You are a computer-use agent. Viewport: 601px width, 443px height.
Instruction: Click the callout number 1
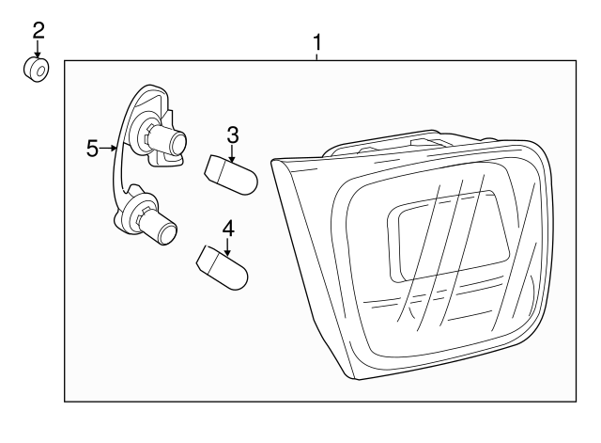pyautogui.click(x=317, y=42)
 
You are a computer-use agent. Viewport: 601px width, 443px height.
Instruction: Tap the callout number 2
pyautogui.click(x=39, y=29)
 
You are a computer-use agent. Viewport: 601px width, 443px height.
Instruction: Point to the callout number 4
pyautogui.click(x=228, y=227)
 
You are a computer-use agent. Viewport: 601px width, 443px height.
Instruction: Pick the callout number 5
pyautogui.click(x=92, y=148)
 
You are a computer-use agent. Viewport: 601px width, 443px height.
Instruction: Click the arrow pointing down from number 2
pyautogui.click(x=39, y=50)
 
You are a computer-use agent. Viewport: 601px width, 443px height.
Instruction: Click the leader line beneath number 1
pyautogui.click(x=317, y=56)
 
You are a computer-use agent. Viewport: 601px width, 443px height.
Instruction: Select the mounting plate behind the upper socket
pyautogui.click(x=155, y=103)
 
